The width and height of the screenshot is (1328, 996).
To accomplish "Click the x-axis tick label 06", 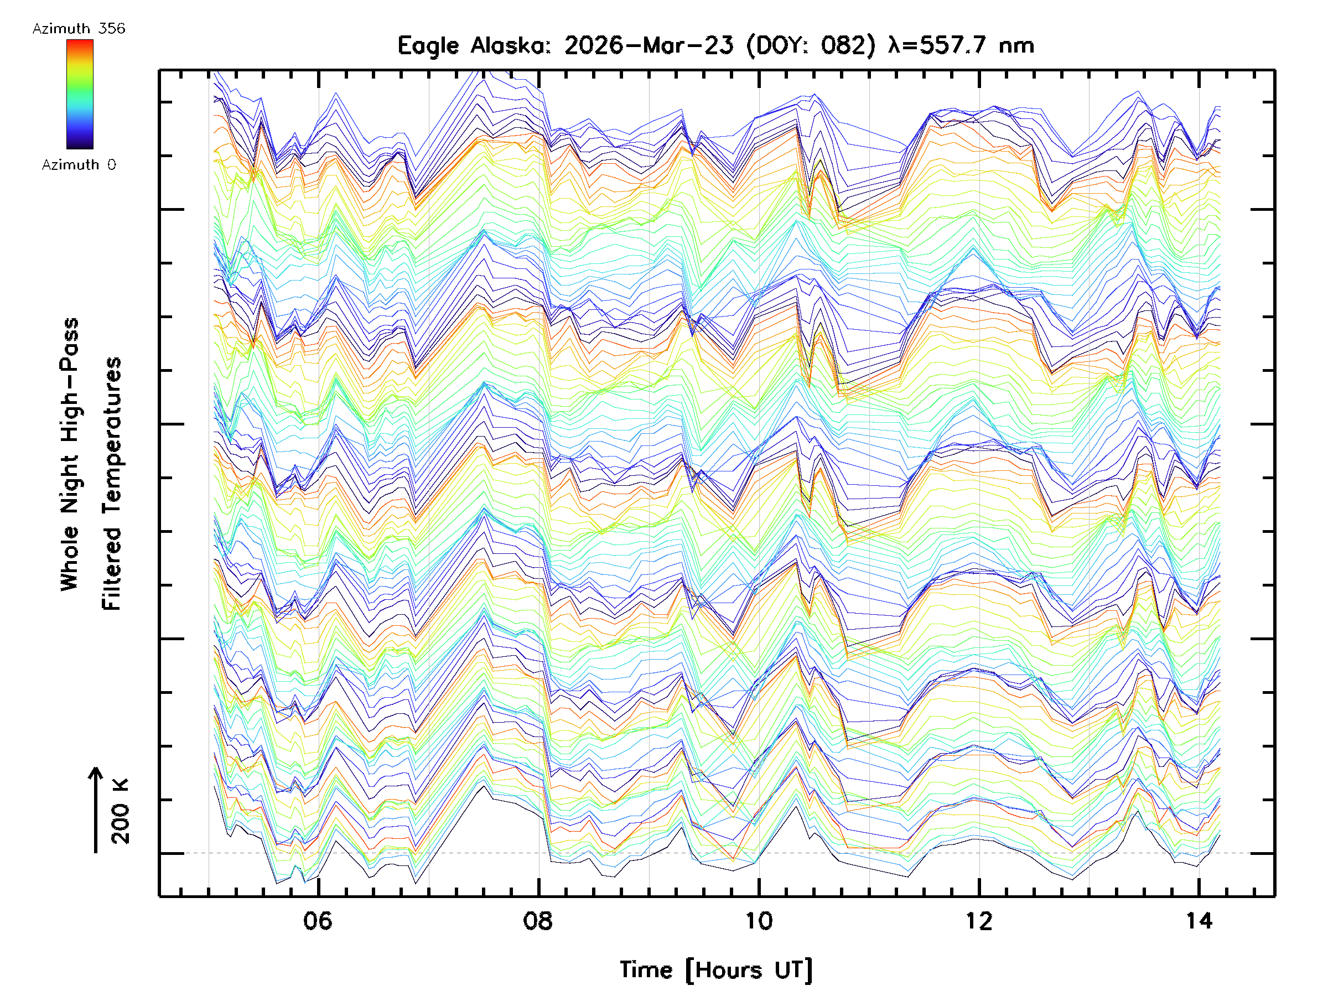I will (x=318, y=921).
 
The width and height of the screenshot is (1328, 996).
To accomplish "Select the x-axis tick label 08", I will (x=538, y=921).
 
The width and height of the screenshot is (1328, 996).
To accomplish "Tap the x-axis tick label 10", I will (x=759, y=921).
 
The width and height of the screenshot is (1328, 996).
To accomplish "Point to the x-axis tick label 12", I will (x=979, y=921).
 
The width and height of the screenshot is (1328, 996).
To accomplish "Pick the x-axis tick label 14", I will (x=1199, y=921).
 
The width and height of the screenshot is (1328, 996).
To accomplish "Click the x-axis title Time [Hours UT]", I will (x=715, y=970).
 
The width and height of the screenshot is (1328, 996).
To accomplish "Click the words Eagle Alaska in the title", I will (x=474, y=45).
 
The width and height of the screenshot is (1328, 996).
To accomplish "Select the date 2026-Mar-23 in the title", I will (x=649, y=45).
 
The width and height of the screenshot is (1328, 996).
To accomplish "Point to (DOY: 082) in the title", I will (x=811, y=45).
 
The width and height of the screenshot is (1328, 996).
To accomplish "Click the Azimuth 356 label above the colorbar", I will (x=79, y=29).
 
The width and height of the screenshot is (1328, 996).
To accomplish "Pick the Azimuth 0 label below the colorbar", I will (x=79, y=164).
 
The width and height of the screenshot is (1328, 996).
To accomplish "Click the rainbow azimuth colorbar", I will (x=80, y=94).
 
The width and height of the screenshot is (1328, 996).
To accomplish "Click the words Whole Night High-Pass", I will (x=70, y=454).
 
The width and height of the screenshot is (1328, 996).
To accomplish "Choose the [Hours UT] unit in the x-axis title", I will (x=749, y=970).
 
